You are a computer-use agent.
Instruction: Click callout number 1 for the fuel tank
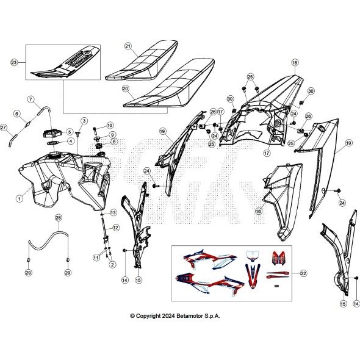pyautogui.click(x=19, y=198)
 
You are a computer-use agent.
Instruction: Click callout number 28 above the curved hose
pyautogui.click(x=59, y=218)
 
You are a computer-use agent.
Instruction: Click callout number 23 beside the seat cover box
pyautogui.click(x=15, y=62)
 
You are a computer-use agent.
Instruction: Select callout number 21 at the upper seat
pyautogui.click(x=128, y=46)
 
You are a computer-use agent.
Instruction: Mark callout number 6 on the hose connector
pyautogui.click(x=18, y=113)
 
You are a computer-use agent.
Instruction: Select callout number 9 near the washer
pyautogui.click(x=112, y=134)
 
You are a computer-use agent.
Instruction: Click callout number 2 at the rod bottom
pyautogui.click(x=112, y=264)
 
